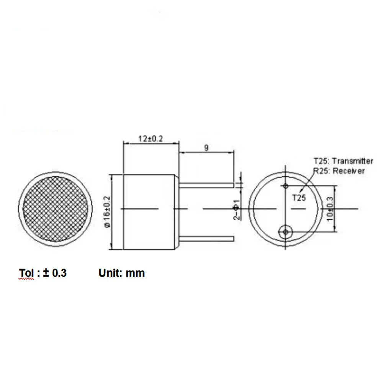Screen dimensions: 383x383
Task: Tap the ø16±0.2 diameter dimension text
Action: [107, 211]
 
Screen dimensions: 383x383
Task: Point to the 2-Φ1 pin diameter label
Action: [236, 210]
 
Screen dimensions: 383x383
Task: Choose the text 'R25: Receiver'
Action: [339, 171]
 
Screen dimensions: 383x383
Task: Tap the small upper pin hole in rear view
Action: [286, 186]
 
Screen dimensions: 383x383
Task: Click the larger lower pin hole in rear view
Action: [285, 231]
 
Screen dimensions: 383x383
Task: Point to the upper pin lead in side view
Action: [206, 185]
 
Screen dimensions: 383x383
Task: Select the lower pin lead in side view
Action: [206, 239]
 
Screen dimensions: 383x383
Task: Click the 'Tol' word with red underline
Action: [27, 273]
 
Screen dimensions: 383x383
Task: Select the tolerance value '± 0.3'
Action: [55, 273]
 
